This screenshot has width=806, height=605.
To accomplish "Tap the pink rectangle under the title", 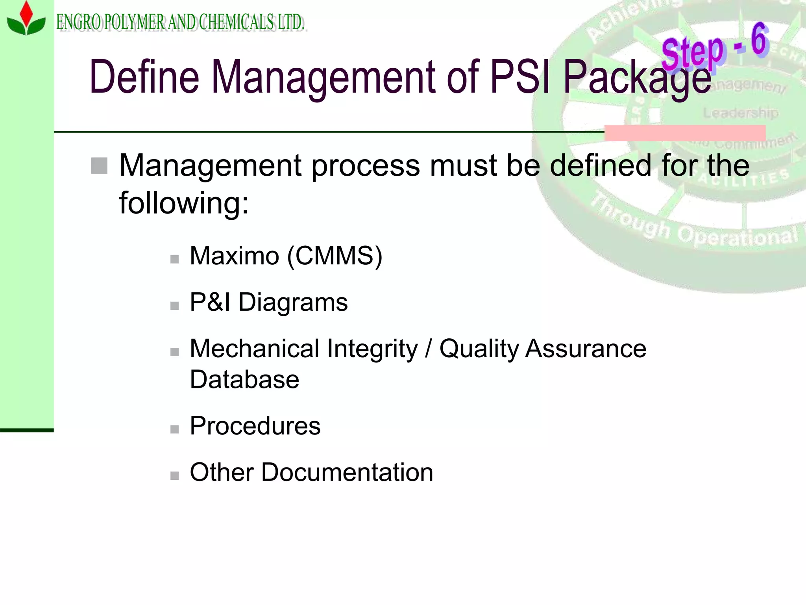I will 685,133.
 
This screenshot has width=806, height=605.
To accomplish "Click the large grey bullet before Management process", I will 99,165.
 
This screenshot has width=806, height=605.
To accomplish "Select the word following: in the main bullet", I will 184,203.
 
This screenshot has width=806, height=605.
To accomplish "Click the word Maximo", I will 234,256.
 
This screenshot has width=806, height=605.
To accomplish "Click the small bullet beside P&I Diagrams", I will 174,306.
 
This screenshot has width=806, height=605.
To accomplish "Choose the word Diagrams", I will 293,302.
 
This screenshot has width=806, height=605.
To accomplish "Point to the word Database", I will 244,380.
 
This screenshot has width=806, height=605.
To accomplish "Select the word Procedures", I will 255,426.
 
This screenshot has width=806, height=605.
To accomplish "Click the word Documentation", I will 347,472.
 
